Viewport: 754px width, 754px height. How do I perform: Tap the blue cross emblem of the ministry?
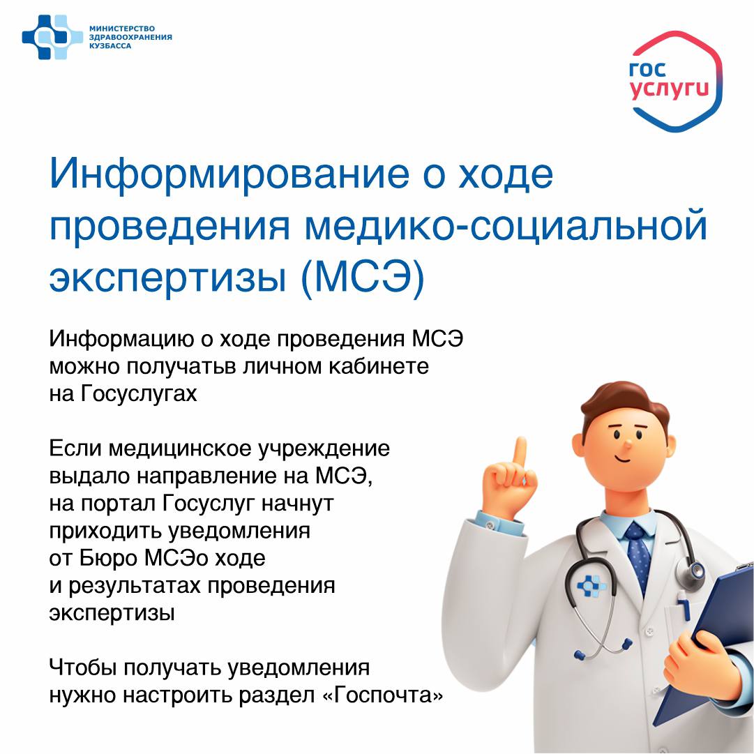click(x=52, y=37)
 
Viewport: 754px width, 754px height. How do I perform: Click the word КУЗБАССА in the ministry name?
click(x=110, y=45)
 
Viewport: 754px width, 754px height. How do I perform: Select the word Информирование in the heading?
click(x=229, y=174)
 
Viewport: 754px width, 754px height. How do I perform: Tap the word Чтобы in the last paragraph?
click(x=83, y=668)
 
